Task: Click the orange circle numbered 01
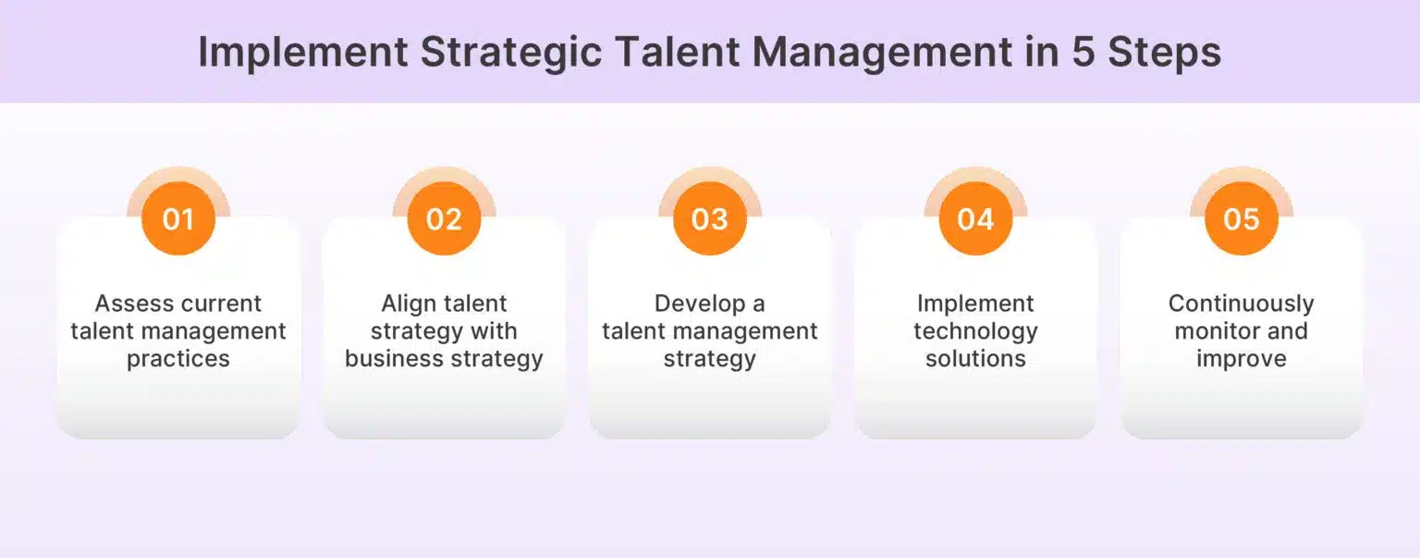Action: (178, 218)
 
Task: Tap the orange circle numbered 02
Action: (444, 218)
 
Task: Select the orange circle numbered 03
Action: (710, 218)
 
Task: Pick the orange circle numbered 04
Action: (975, 218)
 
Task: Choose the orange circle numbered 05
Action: (1242, 218)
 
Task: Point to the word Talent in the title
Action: (678, 52)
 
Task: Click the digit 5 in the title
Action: (1083, 52)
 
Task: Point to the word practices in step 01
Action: (178, 359)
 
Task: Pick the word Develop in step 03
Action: (700, 304)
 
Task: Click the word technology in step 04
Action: (975, 332)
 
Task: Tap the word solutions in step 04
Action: (975, 359)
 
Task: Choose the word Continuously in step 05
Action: (1242, 304)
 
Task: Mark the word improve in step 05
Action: (1242, 359)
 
